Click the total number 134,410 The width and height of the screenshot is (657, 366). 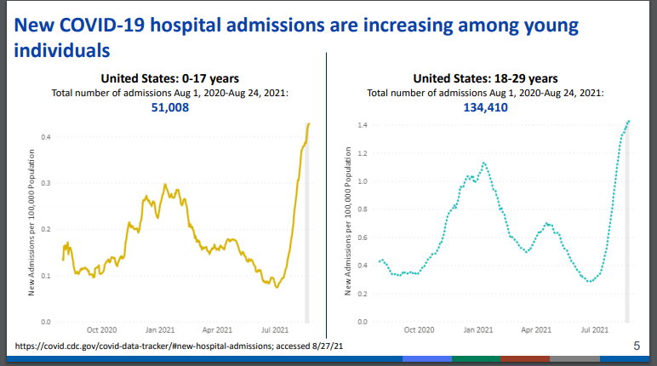click(x=487, y=108)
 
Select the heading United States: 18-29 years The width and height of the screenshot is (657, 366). click(x=486, y=79)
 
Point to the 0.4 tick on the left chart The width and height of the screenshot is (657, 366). click(x=46, y=136)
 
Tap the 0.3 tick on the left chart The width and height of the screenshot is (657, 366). click(x=46, y=183)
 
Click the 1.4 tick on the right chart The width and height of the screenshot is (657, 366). click(x=361, y=126)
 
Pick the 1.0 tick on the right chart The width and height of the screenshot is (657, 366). click(x=361, y=181)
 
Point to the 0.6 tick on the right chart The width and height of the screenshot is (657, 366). click(x=361, y=237)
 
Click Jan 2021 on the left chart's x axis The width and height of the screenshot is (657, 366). click(x=159, y=329)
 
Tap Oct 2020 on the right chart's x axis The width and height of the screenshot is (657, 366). click(x=420, y=329)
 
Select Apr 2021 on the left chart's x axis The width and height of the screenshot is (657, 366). click(x=217, y=329)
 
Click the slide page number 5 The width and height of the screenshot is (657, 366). click(x=637, y=346)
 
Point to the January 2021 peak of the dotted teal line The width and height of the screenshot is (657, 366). click(x=484, y=163)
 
